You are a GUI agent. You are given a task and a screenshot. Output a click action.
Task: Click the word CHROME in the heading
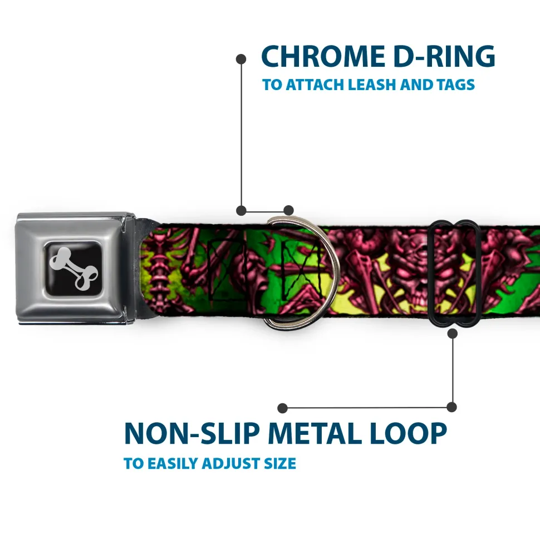pos(323,56)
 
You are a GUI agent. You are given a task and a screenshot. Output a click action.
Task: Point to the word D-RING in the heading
pos(444,56)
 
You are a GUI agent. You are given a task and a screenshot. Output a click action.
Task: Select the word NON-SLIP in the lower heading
pos(192,433)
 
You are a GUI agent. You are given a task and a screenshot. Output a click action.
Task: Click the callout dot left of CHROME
pos(241,59)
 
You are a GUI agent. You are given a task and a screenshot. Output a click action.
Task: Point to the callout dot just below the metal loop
pos(452,333)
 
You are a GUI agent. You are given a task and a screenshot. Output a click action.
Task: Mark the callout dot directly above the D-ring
pos(288,210)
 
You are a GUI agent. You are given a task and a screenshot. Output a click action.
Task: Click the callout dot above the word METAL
pos(282,408)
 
